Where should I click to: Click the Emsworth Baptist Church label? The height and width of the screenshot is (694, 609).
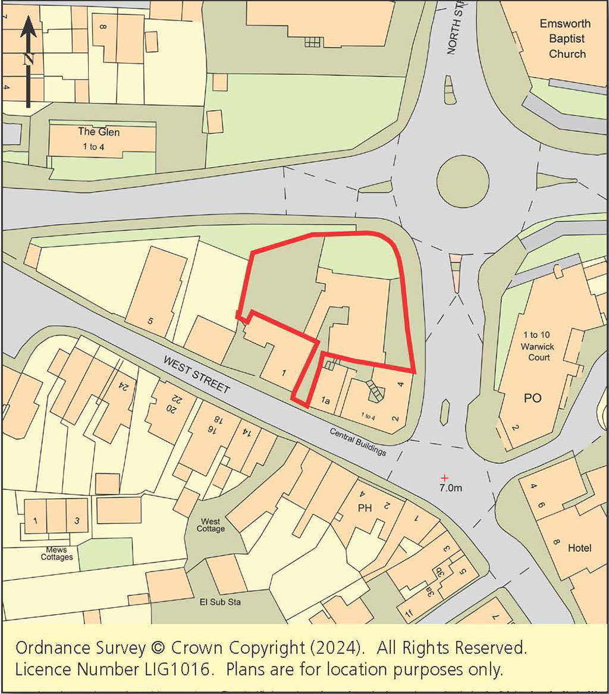pyautogui.click(x=565, y=39)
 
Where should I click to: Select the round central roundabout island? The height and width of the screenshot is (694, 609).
pyautogui.click(x=463, y=181)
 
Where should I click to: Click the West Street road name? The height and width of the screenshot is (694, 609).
pyautogui.click(x=196, y=375)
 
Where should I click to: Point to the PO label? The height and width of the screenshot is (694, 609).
pyautogui.click(x=532, y=398)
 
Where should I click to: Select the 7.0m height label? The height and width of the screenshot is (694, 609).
pyautogui.click(x=450, y=488)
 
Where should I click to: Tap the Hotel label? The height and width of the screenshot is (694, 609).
pyautogui.click(x=579, y=548)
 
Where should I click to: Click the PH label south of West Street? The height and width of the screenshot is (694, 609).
pyautogui.click(x=364, y=509)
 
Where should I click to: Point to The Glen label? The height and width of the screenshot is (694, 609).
pyautogui.click(x=99, y=132)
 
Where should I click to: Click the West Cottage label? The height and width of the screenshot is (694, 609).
pyautogui.click(x=212, y=525)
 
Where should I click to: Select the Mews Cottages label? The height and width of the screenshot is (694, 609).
pyautogui.click(x=57, y=553)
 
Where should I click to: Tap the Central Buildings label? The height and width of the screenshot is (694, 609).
pyautogui.click(x=357, y=442)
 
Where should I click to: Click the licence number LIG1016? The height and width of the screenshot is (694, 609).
pyautogui.click(x=172, y=670)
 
